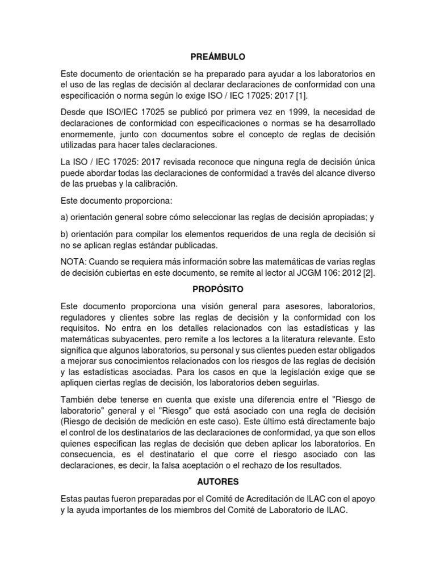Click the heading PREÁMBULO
pyautogui.click(x=217, y=57)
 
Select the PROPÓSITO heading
pyautogui.click(x=218, y=289)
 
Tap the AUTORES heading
pyautogui.click(x=218, y=482)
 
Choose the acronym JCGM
pyautogui.click(x=315, y=273)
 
